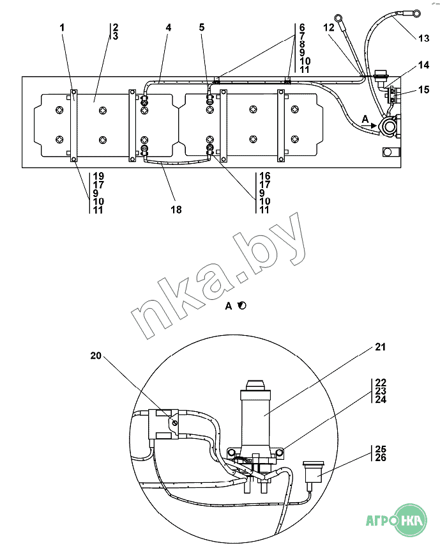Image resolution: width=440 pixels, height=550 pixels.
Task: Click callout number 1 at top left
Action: pos(63,27)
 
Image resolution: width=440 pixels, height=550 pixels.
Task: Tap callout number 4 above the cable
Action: pos(169,27)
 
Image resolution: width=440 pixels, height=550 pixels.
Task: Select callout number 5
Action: pos(202,27)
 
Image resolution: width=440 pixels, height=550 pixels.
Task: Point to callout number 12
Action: pos(329,27)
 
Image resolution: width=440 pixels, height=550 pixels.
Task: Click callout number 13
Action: pos(423,38)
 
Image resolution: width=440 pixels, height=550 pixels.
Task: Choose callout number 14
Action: pos(423,65)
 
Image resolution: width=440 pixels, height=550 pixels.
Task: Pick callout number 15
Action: pos(423,90)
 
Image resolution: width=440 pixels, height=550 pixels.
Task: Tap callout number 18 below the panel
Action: pos(176,209)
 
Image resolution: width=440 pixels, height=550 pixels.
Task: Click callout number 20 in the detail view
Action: pos(96,356)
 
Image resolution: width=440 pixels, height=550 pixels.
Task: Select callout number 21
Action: pos(380,347)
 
